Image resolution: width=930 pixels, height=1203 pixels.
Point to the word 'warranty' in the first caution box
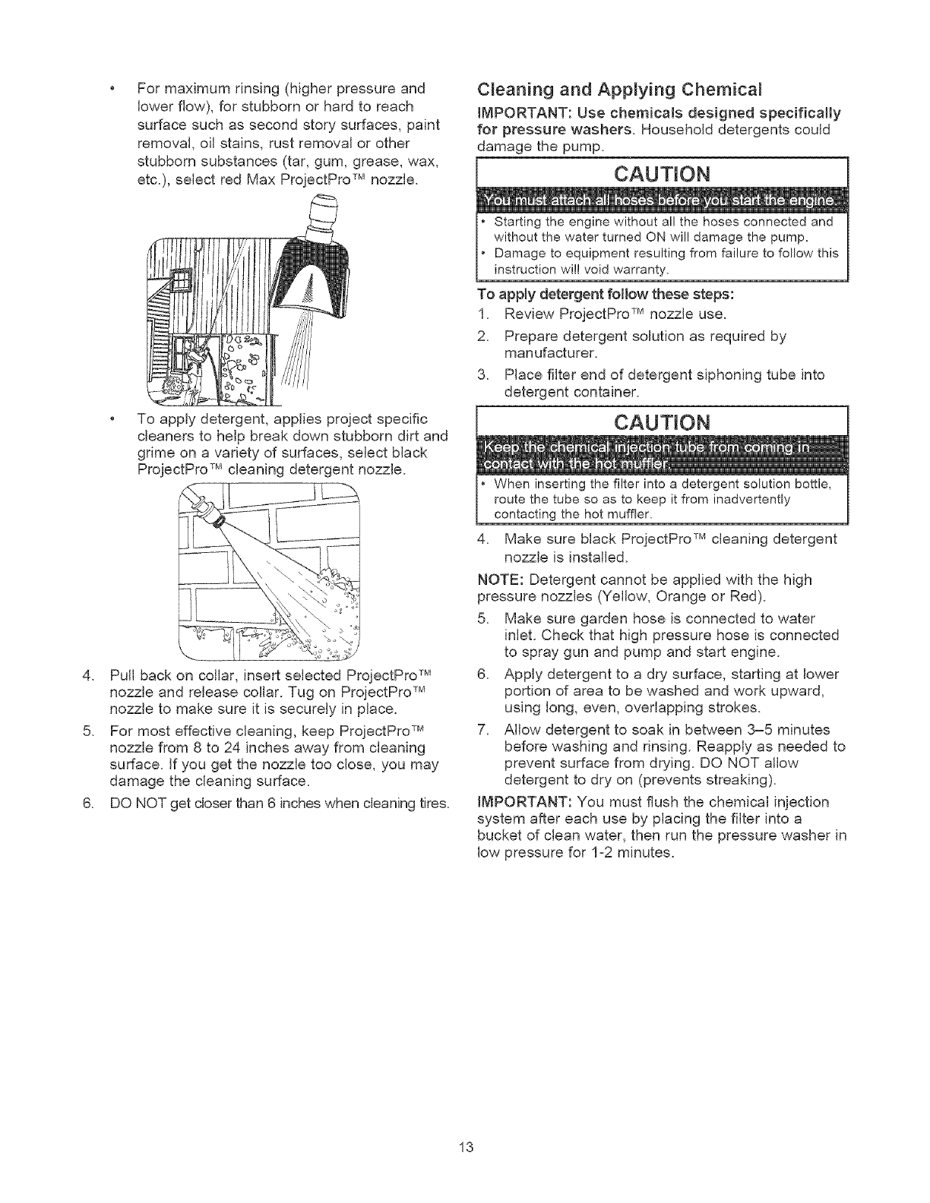[x=641, y=270]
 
